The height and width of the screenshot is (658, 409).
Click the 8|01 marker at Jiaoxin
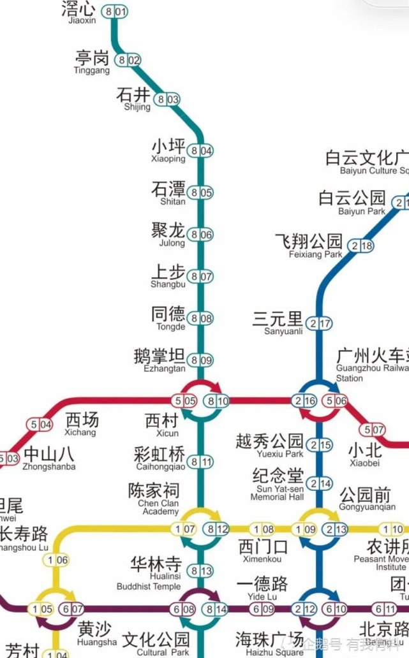coord(115,11)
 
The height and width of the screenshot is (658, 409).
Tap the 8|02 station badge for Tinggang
coord(128,61)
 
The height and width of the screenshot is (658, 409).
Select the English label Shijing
coord(137,107)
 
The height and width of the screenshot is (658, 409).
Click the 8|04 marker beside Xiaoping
coord(200,151)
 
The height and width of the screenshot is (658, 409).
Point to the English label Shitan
coord(172,201)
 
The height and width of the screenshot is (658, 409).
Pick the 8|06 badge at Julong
coord(200,235)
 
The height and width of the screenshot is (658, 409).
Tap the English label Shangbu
coord(168,284)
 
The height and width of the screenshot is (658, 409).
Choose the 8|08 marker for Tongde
coord(200,318)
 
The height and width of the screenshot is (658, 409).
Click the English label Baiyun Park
coord(362,211)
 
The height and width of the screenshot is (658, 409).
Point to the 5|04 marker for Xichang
coord(39,425)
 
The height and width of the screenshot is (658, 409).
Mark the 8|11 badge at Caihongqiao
coord(200,462)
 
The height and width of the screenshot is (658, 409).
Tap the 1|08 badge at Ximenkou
coord(264,529)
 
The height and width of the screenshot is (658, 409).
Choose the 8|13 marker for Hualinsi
coord(200,571)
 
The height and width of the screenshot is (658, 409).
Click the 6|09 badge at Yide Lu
coord(263,609)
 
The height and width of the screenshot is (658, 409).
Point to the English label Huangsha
coord(98,642)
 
